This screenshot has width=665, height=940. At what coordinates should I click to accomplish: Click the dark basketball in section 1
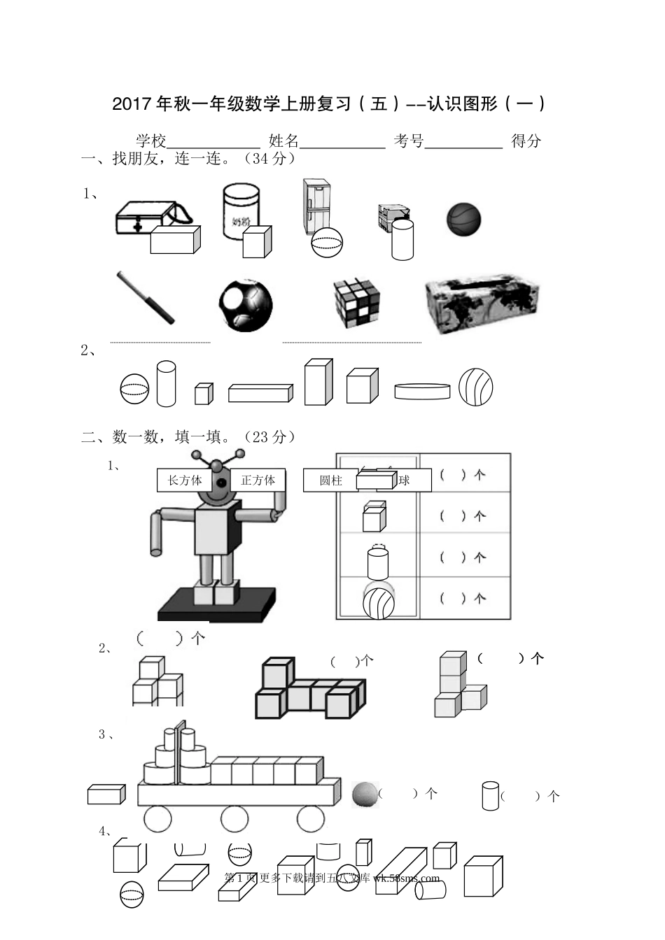463,220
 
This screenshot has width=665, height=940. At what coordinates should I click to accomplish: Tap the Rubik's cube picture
356,303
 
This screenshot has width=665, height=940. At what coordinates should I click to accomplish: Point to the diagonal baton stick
146,298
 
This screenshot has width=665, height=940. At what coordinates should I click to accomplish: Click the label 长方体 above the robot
185,480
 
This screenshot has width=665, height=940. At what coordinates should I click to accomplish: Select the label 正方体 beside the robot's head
258,480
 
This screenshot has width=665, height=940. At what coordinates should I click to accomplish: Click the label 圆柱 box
330,480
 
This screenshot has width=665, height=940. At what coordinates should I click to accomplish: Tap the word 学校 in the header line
150,141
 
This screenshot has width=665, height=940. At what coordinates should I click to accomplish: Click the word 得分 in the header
526,141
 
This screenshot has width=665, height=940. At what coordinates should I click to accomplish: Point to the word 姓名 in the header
283,141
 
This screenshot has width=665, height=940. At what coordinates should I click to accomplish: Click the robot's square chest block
218,529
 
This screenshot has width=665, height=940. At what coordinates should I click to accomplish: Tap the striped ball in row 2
476,387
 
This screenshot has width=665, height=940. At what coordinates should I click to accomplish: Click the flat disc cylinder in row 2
421,391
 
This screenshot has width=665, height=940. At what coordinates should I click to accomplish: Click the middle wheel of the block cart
234,819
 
